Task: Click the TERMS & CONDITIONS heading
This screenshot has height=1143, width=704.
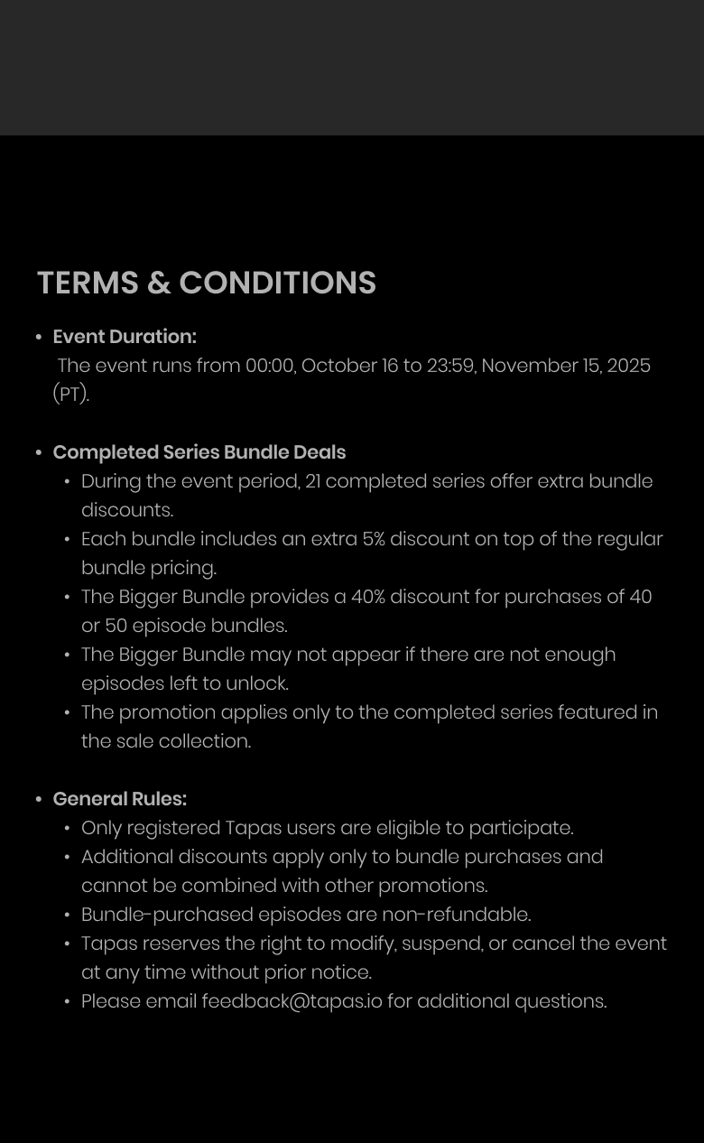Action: pos(206,283)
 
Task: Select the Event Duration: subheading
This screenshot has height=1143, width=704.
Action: pos(125,337)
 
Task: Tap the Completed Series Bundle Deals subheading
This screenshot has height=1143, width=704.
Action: pos(199,452)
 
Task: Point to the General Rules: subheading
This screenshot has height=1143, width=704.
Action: pos(120,799)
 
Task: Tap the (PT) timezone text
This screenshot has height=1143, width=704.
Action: pos(70,395)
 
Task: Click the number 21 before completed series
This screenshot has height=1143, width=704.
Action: pos(312,481)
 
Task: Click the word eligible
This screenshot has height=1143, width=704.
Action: pos(406,828)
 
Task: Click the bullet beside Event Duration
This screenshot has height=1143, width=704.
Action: pos(39,337)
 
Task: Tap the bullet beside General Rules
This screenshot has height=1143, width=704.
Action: pos(39,799)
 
